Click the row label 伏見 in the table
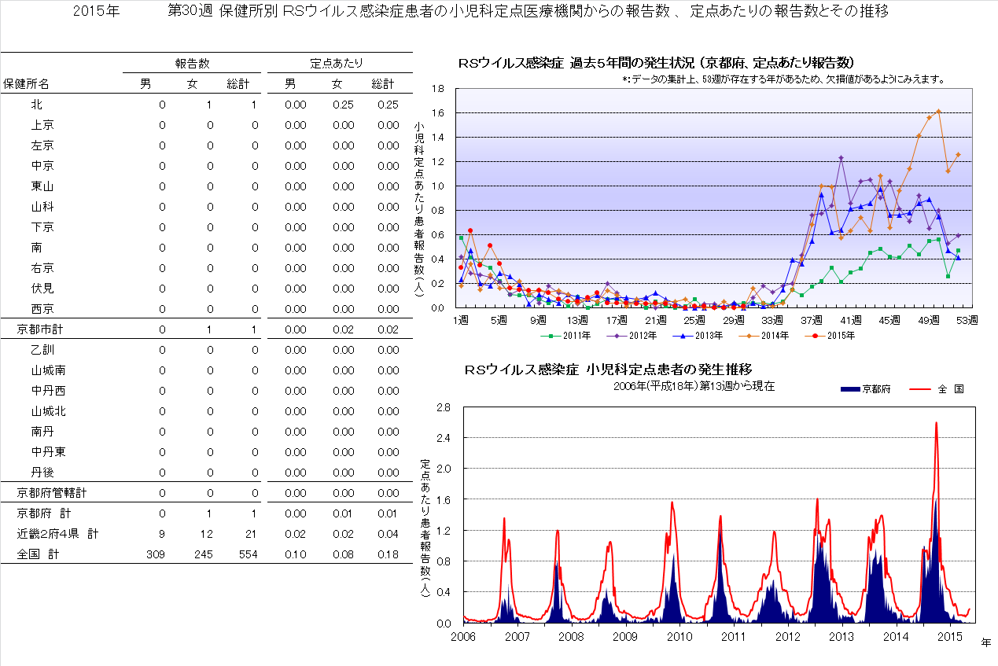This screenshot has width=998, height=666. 42,289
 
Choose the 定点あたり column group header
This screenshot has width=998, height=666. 336,63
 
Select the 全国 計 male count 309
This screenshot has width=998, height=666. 156,554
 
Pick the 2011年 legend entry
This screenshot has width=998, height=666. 562,335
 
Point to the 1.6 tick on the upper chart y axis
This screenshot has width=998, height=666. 438,113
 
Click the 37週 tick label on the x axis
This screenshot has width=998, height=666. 812,321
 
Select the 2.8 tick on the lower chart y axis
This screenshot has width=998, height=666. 442,407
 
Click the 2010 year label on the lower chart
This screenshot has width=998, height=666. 679,636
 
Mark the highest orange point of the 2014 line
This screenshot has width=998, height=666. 938,111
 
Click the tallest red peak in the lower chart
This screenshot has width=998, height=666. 936,423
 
